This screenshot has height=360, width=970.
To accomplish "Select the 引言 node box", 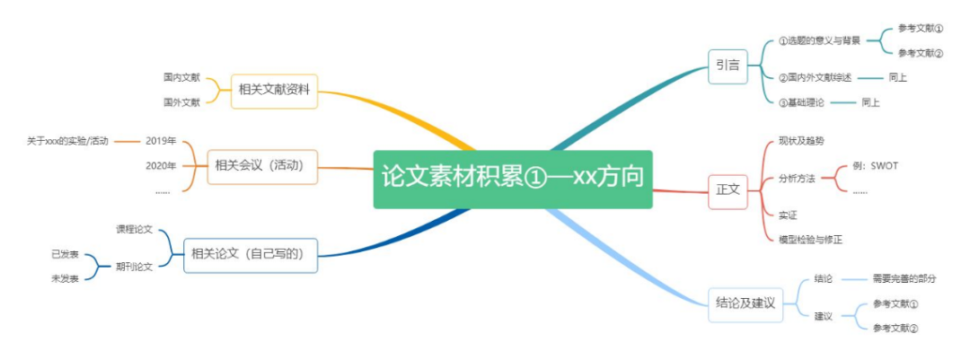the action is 727,65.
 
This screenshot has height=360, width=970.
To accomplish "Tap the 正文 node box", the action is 727,189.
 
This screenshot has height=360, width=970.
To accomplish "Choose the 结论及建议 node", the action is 745,303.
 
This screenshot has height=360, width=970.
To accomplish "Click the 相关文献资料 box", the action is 274,90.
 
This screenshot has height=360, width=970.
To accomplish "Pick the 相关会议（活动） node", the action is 262,165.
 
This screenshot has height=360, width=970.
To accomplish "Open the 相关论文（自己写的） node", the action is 251,254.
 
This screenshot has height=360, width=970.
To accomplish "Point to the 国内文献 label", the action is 181,78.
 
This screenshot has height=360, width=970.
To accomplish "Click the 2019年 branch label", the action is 161,141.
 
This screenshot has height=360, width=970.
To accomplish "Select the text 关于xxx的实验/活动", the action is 67,141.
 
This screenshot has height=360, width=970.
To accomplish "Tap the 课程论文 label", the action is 135,230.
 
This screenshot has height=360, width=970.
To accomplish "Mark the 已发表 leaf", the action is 65,254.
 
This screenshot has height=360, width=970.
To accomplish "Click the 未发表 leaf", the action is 65,278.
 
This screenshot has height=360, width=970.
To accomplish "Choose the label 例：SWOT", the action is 875,166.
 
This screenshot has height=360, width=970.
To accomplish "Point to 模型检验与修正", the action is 811,239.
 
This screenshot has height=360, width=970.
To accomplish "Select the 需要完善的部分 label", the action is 904,278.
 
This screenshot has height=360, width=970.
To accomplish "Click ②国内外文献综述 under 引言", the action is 815,77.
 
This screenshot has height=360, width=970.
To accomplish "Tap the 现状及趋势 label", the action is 801,141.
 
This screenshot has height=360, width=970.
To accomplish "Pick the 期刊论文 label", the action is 135,266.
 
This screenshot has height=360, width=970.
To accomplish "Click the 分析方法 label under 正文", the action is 797,179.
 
